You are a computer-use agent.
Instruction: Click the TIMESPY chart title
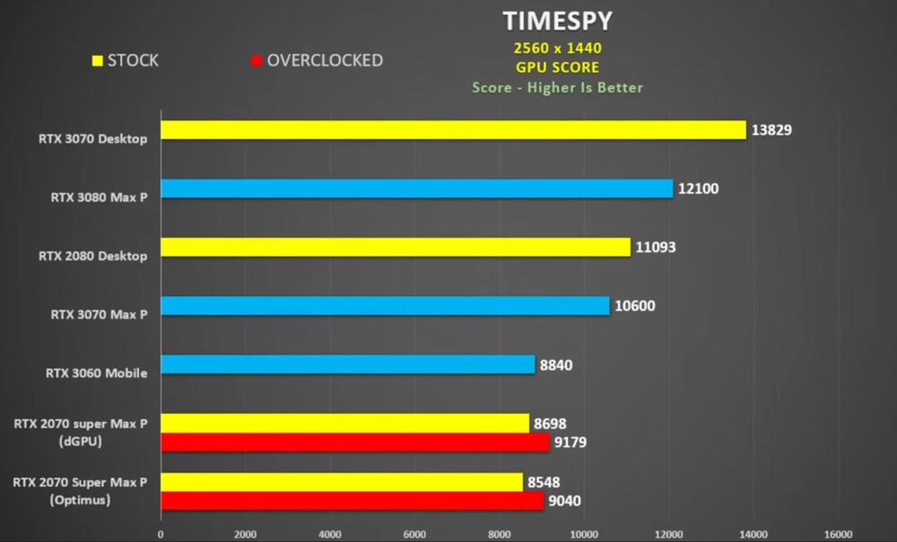click(x=558, y=21)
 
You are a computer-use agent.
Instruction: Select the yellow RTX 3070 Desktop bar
click(x=453, y=130)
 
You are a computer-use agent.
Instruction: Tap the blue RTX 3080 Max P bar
click(x=416, y=188)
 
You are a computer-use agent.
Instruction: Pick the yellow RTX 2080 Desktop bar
click(x=396, y=247)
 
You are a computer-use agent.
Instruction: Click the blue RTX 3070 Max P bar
click(x=385, y=306)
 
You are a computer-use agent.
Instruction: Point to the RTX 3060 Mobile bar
click(x=347, y=364)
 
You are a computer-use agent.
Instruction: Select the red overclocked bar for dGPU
click(x=354, y=441)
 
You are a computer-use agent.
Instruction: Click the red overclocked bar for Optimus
click(x=352, y=501)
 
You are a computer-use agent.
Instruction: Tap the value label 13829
click(x=772, y=130)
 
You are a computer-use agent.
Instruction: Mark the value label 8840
click(x=555, y=365)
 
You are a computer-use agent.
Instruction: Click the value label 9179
click(x=570, y=441)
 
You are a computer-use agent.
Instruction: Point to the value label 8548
click(x=544, y=482)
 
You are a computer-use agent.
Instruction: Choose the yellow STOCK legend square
click(x=97, y=61)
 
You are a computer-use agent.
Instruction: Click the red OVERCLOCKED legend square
click(x=257, y=61)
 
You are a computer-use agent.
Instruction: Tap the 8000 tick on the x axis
click(x=500, y=534)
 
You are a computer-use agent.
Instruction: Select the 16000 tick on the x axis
click(x=838, y=534)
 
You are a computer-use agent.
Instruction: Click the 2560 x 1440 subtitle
click(x=558, y=48)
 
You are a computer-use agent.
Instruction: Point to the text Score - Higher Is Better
click(x=558, y=87)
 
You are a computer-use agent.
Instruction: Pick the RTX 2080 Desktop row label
click(x=92, y=256)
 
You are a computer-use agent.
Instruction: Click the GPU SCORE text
click(x=558, y=67)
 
